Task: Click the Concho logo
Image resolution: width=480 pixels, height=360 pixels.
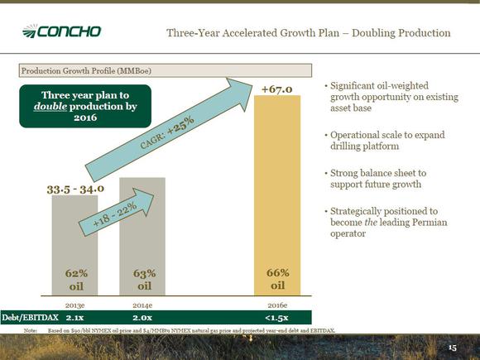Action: coord(61,31)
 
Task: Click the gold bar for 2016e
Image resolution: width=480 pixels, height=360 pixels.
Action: coord(277,195)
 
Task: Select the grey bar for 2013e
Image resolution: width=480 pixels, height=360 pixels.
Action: coord(74,245)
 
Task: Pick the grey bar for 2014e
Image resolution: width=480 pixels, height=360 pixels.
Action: coord(142,237)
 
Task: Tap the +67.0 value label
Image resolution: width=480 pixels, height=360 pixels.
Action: coord(277,89)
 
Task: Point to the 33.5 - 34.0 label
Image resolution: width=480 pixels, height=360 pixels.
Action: coord(75,190)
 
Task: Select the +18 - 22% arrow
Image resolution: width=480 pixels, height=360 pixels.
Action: coord(117,212)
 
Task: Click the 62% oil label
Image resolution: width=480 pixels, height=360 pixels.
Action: coord(76,280)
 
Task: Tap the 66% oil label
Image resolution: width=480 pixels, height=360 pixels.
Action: coord(277,279)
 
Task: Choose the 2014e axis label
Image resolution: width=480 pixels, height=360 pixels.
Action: coord(142,305)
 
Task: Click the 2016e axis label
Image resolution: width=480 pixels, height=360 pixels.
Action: coord(277,305)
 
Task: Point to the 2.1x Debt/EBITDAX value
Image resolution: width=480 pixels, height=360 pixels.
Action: coord(74,318)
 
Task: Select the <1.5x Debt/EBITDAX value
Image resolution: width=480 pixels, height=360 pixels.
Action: coord(276,318)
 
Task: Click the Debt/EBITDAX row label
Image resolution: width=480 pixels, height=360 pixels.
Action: coord(30,318)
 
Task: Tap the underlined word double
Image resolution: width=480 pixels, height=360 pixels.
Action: coord(50,106)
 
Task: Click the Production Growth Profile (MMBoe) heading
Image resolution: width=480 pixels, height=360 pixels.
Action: coord(86,70)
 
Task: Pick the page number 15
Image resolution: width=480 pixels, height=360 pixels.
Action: coord(453,348)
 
